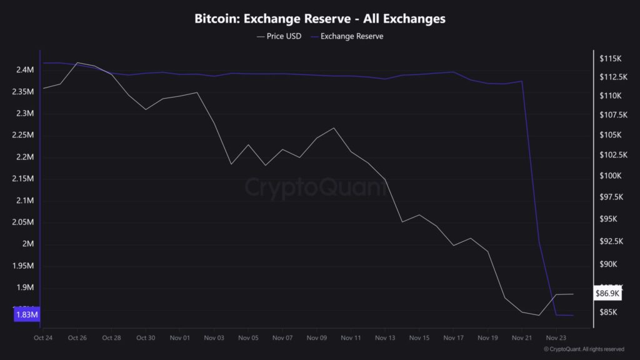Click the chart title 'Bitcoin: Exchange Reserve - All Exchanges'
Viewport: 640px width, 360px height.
pos(320,19)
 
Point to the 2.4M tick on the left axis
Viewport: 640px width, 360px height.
pos(25,70)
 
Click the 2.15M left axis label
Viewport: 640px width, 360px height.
pos(24,179)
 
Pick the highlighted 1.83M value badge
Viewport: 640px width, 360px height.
pos(26,315)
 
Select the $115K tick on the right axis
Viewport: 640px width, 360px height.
pos(611,59)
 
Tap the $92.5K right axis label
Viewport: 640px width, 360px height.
pos(612,241)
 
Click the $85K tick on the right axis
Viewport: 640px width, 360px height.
pos(609,312)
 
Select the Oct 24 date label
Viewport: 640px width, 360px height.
pos(43,337)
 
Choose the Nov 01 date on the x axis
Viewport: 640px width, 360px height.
pos(179,337)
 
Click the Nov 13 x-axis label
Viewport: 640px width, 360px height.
pos(385,337)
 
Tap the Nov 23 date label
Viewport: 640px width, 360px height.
pos(556,337)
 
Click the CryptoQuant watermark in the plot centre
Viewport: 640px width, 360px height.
pos(315,187)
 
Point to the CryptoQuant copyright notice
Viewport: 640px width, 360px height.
pos(584,349)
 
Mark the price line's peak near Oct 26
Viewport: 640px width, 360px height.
pos(77,62)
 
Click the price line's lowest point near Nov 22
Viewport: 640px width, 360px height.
pos(539,316)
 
